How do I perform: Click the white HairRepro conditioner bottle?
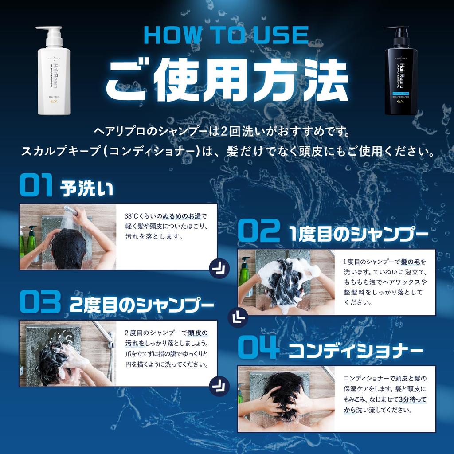[x=54, y=75]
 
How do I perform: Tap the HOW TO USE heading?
[x=226, y=35]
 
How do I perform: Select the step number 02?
[x=258, y=232]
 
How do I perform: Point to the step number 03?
[x=40, y=303]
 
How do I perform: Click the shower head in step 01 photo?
[x=72, y=211]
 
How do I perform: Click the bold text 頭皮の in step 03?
[x=197, y=333]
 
